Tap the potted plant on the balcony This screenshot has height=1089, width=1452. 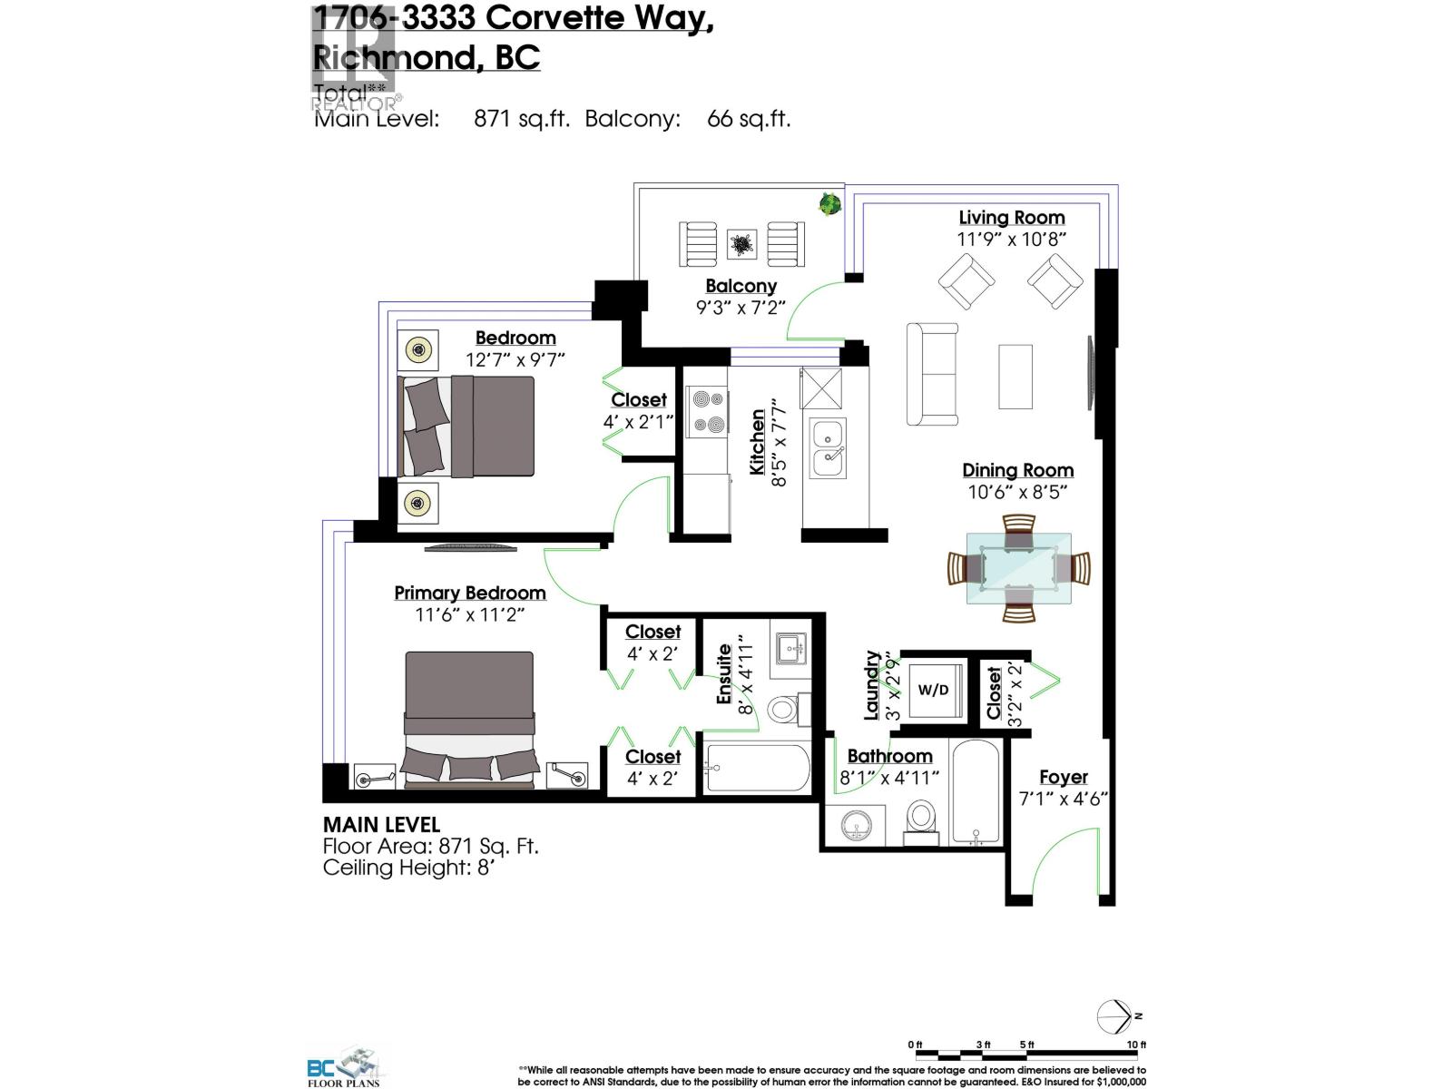pos(829,203)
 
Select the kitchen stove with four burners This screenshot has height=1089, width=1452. pos(706,411)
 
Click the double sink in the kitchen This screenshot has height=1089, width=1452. pos(829,448)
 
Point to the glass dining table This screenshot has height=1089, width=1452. pos(1018,569)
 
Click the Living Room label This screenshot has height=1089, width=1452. pos(1012,218)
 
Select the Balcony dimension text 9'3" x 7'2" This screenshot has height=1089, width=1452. pos(741,308)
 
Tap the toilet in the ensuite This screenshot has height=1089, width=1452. pos(782,709)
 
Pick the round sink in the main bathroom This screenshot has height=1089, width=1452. pos(856,825)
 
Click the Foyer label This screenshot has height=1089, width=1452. pos(1063,778)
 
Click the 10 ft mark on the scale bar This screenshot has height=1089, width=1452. pos(1136,1045)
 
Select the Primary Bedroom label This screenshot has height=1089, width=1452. pos(470,593)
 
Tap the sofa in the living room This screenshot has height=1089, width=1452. pos(932,374)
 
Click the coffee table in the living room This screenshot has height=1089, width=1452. pos(1015,377)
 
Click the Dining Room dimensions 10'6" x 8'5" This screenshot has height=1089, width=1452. pos(1017,492)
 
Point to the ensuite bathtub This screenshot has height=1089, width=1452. pos(757,768)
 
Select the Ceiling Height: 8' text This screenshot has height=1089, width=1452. pos(407,868)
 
